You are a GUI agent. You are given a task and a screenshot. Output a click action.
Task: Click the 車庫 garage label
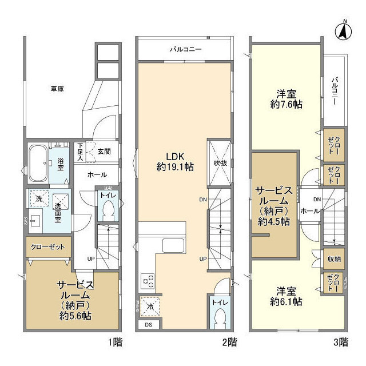[x=57, y=89]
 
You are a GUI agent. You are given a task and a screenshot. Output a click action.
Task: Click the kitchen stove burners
[x=148, y=281]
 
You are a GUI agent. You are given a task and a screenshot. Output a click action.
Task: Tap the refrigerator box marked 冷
[x=148, y=307]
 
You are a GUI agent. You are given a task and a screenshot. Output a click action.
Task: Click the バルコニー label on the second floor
[x=185, y=50]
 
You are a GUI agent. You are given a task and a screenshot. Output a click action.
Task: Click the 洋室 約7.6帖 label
[x=286, y=100]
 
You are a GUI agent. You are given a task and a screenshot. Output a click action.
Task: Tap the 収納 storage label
[x=335, y=259]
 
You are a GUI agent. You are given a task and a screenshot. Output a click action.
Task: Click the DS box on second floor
[x=148, y=325]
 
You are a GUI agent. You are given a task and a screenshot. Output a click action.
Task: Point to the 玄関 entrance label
[x=104, y=151]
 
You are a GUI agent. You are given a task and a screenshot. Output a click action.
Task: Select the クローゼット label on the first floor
[x=47, y=248]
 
